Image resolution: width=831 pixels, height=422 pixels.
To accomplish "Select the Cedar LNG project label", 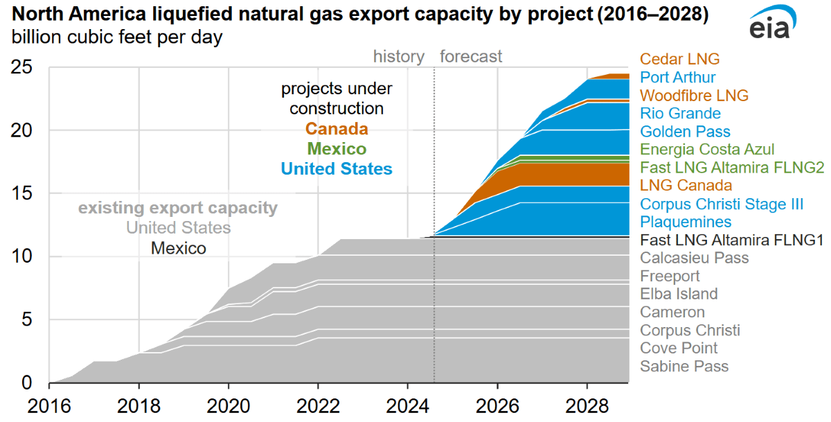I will point(679,59).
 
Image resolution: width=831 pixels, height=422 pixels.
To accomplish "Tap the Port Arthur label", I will point(678,77).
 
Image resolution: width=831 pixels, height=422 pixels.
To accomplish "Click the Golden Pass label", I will point(685,131).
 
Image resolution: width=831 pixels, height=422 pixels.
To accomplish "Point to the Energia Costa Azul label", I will point(707,149).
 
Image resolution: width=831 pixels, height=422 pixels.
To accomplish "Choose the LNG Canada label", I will point(686,185).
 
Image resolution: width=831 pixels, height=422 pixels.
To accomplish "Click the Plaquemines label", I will point(686,221).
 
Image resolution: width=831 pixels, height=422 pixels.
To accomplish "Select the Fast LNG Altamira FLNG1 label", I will point(731,240).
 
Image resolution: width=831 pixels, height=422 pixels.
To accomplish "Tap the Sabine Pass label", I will point(684,366).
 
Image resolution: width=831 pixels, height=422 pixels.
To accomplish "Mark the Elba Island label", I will point(679,294).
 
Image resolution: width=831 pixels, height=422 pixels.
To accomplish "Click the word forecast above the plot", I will point(471,56).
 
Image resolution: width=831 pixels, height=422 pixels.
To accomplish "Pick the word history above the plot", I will point(398,56).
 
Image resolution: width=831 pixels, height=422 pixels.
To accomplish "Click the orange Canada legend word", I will point(337,129).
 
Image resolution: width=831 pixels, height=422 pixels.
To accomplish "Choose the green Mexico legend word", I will point(337,148).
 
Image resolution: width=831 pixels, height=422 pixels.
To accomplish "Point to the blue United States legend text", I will point(337,168).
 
